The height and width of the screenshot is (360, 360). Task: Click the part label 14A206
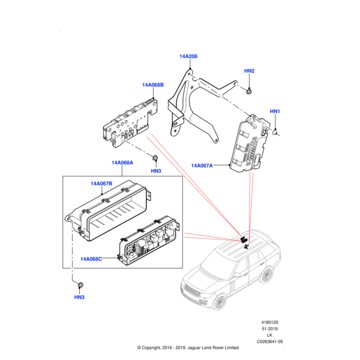tap(188, 56)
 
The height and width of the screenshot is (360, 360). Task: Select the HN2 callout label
tap(250, 71)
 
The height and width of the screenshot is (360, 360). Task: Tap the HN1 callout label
tap(275, 112)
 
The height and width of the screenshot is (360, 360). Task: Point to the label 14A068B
tap(152, 85)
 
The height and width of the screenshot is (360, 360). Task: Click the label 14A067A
tap(202, 166)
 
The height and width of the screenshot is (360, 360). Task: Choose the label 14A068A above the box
tap(122, 163)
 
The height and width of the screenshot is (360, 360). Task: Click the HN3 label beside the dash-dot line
tap(156, 171)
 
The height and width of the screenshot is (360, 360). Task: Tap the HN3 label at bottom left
tap(80, 298)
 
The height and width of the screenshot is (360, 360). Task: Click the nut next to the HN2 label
tap(249, 91)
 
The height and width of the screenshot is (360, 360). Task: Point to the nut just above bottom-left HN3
tap(80, 283)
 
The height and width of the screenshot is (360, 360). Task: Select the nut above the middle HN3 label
tap(155, 158)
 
